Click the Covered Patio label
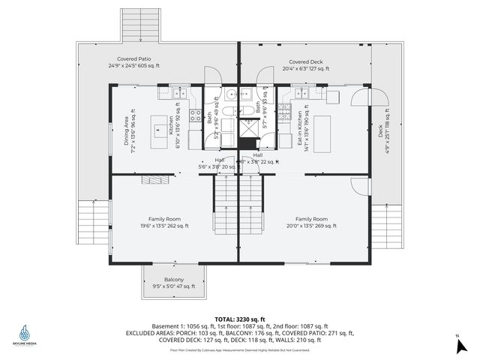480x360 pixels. pos(135,61)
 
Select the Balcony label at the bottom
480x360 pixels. pos(173,283)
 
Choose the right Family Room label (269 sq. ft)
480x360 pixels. pos(310,222)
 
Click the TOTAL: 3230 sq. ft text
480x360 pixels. pos(239,319)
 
